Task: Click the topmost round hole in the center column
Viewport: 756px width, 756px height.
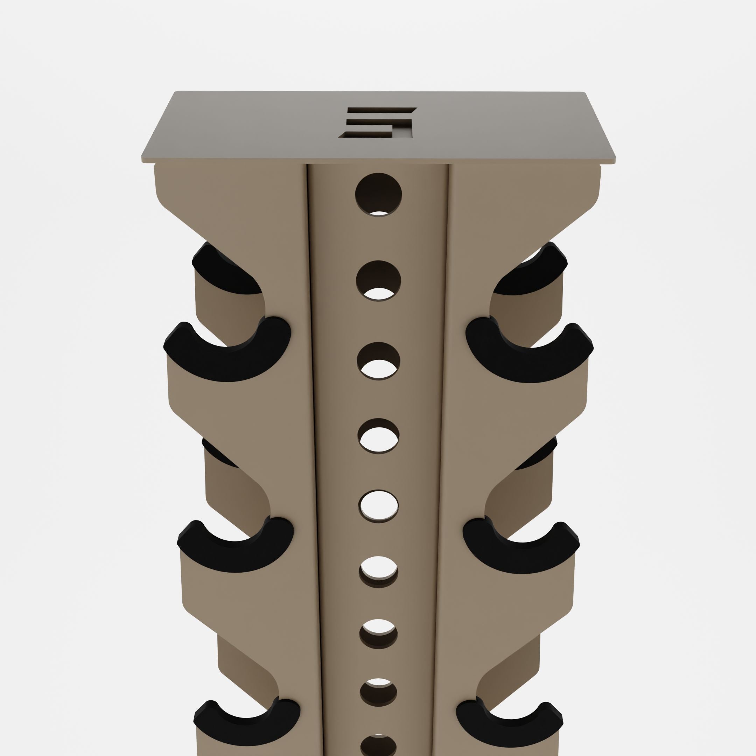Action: coord(378,195)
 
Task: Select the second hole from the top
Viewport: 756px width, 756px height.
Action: coord(378,281)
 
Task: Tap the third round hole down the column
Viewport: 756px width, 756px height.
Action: coord(378,360)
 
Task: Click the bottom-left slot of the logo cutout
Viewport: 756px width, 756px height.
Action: coord(366,134)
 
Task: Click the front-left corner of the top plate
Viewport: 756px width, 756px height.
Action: coord(143,160)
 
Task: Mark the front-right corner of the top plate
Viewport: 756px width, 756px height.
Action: coord(614,160)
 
